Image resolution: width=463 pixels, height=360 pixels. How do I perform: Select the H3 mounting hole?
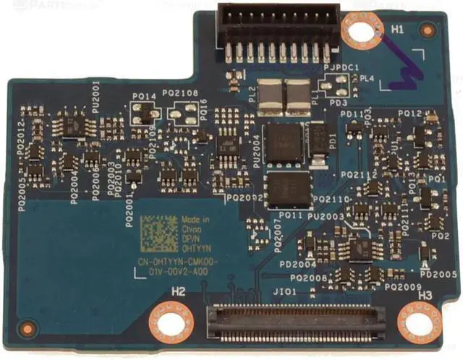click(420, 320)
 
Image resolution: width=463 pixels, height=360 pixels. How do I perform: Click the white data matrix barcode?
click(158, 233)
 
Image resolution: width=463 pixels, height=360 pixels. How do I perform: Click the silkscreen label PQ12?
click(410, 113)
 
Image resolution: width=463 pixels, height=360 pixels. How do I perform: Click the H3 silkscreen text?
click(425, 296)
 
